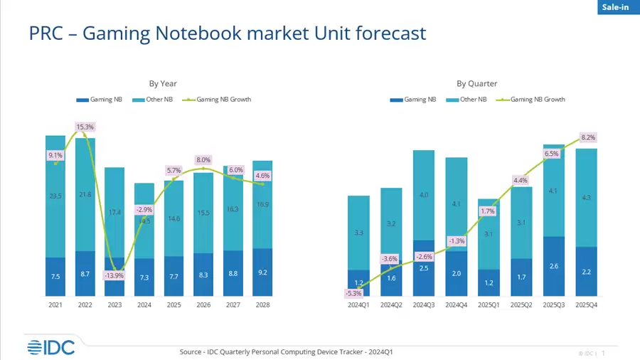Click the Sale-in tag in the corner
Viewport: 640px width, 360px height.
tap(617, 7)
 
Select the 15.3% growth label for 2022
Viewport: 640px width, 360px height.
tap(85, 127)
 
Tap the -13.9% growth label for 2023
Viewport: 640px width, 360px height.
tap(114, 275)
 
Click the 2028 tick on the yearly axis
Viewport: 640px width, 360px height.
tap(262, 305)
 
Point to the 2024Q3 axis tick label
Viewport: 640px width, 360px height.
tap(424, 305)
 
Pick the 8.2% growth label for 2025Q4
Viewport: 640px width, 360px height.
tap(588, 137)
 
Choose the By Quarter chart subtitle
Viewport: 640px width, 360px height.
tap(476, 83)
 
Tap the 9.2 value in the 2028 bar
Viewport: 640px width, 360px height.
tap(262, 273)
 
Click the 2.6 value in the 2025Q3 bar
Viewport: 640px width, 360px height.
tap(555, 266)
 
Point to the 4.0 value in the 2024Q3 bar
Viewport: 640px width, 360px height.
tap(424, 195)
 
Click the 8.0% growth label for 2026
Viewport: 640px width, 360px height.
tap(203, 160)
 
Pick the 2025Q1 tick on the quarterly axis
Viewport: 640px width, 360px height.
tap(489, 305)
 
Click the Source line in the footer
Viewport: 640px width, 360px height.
tap(276, 351)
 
